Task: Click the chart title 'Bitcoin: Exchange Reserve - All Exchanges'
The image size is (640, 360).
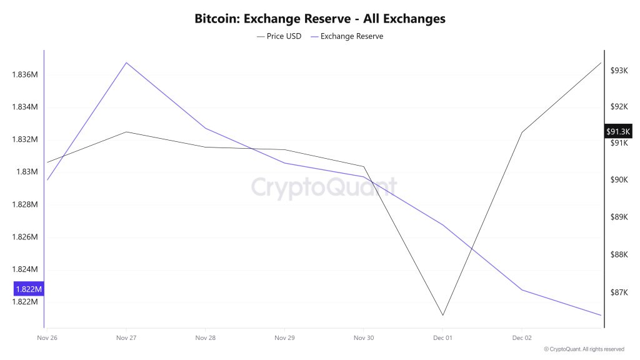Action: click(320, 18)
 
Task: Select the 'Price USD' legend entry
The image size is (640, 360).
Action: click(279, 36)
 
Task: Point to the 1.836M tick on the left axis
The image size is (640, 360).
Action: click(25, 74)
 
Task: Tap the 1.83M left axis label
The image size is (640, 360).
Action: click(27, 172)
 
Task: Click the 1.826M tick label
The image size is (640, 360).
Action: click(25, 237)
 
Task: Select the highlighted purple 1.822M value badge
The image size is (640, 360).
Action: click(29, 289)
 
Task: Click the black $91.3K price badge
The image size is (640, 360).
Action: click(619, 131)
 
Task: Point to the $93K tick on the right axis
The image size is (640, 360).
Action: click(619, 71)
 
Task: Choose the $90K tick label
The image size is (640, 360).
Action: click(619, 180)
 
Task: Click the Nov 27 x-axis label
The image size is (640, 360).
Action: click(126, 337)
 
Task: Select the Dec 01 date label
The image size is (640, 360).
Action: click(442, 337)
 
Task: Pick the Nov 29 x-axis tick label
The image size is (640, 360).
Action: click(284, 337)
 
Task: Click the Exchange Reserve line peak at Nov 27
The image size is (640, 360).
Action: click(126, 62)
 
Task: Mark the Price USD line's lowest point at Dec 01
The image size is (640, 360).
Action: click(442, 316)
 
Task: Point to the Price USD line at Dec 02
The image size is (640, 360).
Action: click(522, 132)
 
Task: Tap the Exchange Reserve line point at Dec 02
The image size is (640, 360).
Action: click(522, 290)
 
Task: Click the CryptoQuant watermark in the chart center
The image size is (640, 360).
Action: click(324, 186)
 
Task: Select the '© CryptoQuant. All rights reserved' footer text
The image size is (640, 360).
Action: click(584, 349)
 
